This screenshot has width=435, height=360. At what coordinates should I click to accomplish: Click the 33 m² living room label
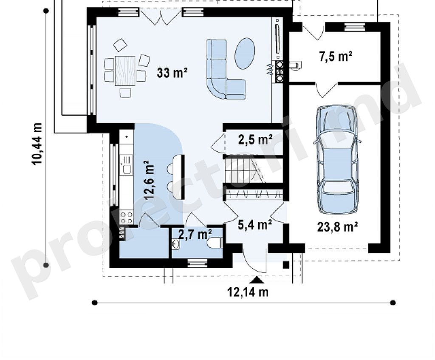172,73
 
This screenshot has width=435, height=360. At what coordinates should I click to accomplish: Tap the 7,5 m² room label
336,57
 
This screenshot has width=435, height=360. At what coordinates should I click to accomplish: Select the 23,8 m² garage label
337,227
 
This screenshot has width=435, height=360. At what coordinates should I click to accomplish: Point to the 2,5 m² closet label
255,139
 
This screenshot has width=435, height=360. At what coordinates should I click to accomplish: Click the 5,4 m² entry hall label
255,224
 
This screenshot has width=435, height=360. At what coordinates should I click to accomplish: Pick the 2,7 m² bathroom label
195,234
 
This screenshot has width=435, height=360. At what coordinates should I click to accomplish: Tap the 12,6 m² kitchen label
149,180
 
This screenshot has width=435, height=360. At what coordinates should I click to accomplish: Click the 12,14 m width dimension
248,292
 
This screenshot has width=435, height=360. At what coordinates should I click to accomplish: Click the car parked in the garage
337,160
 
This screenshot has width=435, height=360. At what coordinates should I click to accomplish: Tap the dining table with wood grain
125,71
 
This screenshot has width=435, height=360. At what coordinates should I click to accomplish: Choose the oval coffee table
244,53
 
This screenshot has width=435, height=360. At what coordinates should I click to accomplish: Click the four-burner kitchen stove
126,217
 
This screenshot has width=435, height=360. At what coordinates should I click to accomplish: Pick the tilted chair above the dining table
120,45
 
